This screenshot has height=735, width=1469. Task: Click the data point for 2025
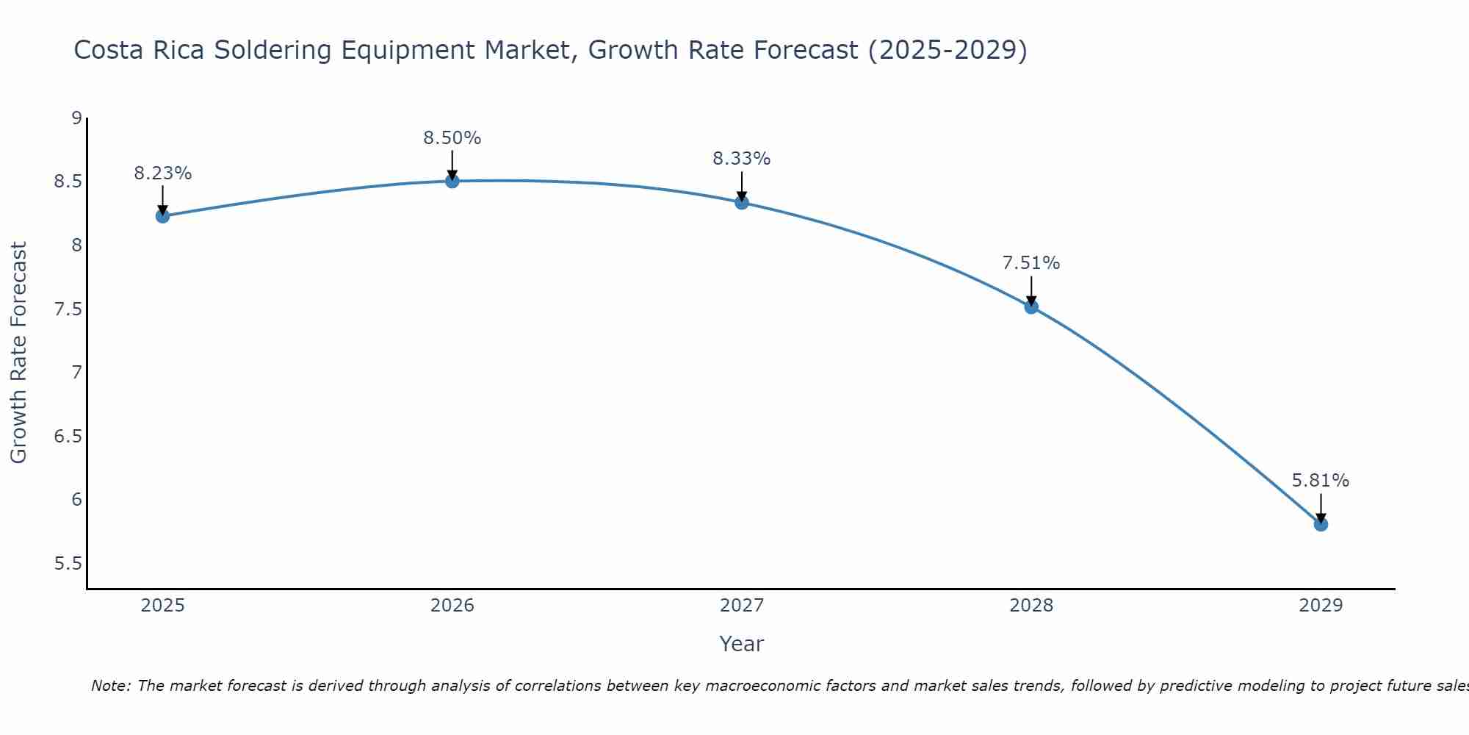point(163,216)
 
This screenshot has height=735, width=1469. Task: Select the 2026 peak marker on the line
point(452,181)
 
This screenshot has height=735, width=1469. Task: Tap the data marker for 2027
point(742,203)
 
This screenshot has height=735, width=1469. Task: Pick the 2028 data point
point(1031,307)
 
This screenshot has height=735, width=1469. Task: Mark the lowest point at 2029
point(1321,524)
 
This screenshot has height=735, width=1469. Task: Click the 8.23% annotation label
point(163,173)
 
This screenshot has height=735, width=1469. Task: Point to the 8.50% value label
point(452,138)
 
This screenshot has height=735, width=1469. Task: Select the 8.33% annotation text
point(742,159)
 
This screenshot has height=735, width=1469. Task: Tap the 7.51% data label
point(1031,263)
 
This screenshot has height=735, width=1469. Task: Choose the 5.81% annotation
point(1321,481)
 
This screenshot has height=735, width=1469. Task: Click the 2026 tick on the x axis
point(452,606)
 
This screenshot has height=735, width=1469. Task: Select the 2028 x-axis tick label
point(1031,606)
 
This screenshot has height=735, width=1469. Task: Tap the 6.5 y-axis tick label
point(68,437)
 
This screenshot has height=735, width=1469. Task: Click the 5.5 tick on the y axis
point(68,564)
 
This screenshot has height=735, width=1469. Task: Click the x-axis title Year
point(742,644)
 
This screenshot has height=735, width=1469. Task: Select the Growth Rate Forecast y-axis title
point(19,352)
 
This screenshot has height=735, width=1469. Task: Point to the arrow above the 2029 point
point(1321,507)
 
